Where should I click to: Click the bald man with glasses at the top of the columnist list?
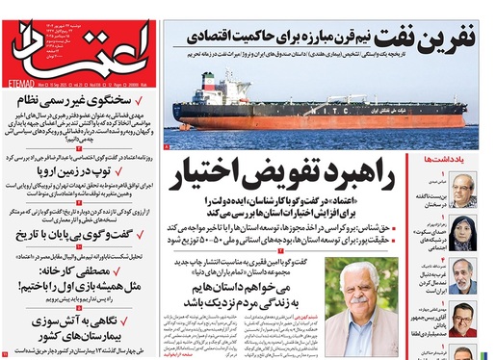[x=465, y=187]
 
